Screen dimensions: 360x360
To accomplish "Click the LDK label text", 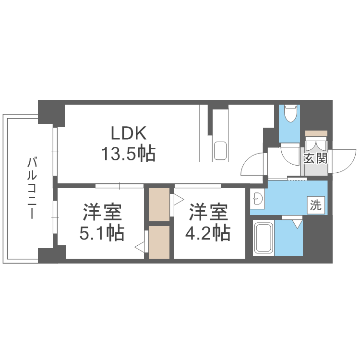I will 128,132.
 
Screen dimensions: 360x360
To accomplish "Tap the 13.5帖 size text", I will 128,154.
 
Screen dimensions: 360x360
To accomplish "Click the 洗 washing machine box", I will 315,205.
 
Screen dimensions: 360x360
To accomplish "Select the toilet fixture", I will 290,114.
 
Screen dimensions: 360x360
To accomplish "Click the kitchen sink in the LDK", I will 220,151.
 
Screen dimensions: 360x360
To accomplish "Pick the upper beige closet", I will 159,204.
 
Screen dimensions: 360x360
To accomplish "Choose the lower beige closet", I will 159,242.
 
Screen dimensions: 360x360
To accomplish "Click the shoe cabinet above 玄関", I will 316,133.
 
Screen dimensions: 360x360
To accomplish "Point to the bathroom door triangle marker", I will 298,223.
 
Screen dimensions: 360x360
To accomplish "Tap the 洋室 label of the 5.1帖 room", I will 102,211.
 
